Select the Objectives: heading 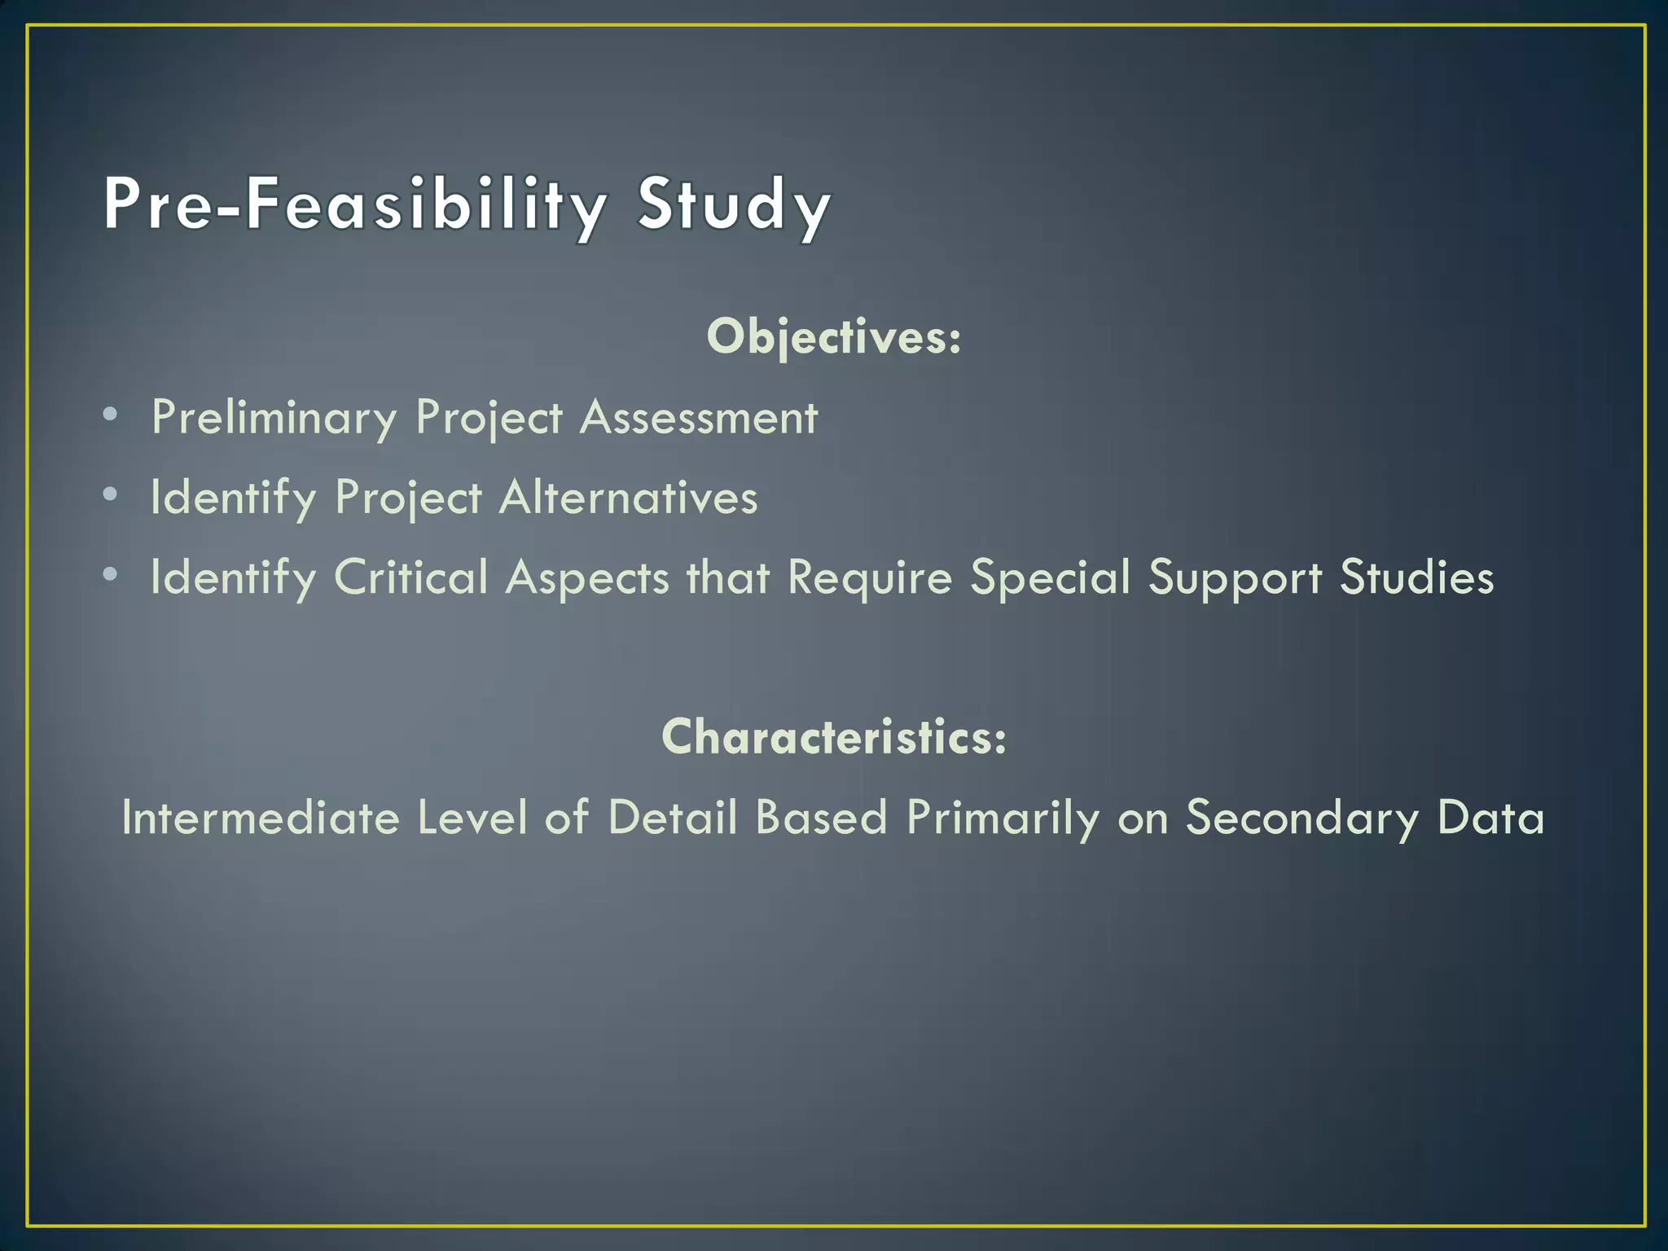click(x=833, y=336)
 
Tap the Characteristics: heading click(x=833, y=736)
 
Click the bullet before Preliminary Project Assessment click(x=111, y=415)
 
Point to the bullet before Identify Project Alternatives click(x=111, y=494)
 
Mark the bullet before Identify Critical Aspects click(x=111, y=574)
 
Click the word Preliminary click(x=274, y=418)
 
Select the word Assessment click(x=698, y=418)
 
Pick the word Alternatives click(x=628, y=498)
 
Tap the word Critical click(x=410, y=577)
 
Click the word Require click(x=869, y=577)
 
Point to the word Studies click(x=1416, y=577)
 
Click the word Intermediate click(x=261, y=817)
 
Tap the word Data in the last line click(x=1490, y=817)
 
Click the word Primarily click(x=1003, y=817)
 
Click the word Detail click(x=672, y=817)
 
